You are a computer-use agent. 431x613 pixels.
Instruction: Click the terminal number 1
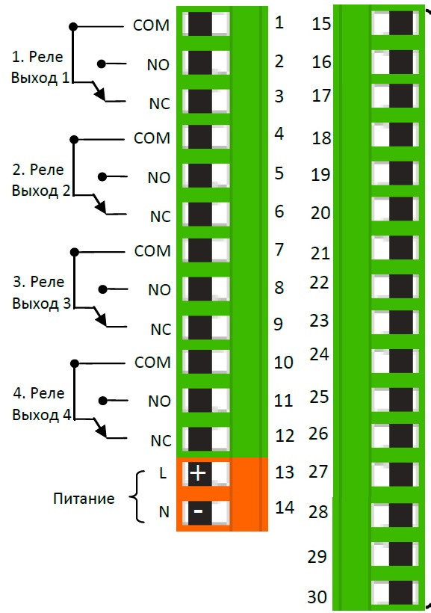click(x=279, y=22)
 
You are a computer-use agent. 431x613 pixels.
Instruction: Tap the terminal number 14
click(x=285, y=508)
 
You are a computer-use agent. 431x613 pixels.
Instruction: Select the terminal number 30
click(x=317, y=597)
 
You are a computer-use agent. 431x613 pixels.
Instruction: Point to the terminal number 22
click(x=319, y=283)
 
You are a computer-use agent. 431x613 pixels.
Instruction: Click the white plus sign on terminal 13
click(x=198, y=473)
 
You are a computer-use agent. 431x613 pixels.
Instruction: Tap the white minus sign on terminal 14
click(x=198, y=511)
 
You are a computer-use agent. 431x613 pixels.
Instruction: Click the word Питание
click(x=84, y=499)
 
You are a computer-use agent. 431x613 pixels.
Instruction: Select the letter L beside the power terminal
click(x=163, y=473)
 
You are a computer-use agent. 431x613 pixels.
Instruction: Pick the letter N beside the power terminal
click(x=164, y=512)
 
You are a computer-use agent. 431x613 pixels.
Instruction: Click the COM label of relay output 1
click(x=151, y=25)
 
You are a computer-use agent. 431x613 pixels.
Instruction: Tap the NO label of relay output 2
click(x=158, y=178)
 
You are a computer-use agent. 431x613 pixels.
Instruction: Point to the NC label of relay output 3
click(x=161, y=330)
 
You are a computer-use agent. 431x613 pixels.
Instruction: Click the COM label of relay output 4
click(x=152, y=363)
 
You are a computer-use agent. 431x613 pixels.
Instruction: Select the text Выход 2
click(x=41, y=191)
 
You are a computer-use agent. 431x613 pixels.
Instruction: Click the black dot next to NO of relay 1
click(x=102, y=64)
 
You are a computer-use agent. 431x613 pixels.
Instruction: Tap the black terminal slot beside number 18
click(x=401, y=135)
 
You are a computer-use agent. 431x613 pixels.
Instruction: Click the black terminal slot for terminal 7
click(x=200, y=250)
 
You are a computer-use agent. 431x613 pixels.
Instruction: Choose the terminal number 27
click(x=317, y=472)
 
